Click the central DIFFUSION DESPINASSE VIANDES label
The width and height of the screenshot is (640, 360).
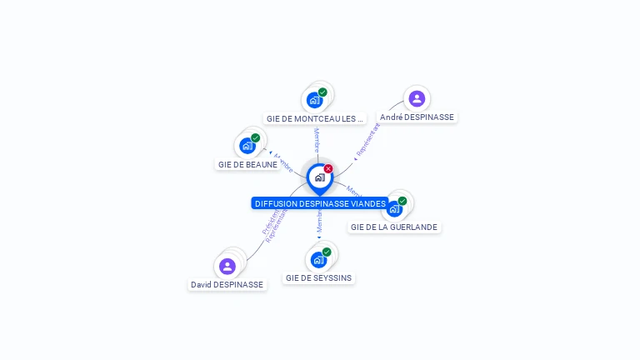(320, 203)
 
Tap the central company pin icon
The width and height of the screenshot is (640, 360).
(319, 177)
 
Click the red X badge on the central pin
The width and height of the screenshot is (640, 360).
(328, 168)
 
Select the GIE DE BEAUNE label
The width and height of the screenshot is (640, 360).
(247, 164)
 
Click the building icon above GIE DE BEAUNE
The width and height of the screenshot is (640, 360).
(247, 146)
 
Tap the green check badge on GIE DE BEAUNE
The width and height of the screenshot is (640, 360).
(255, 138)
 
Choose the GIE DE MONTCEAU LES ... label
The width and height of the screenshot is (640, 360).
(315, 118)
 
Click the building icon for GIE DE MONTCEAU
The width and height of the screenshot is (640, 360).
(314, 100)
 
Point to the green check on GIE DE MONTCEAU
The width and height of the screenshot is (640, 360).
(322, 92)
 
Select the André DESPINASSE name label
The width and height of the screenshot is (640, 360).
(417, 117)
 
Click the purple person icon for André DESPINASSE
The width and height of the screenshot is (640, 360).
(417, 98)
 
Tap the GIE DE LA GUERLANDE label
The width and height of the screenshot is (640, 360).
(393, 227)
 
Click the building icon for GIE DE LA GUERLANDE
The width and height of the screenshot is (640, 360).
(394, 208)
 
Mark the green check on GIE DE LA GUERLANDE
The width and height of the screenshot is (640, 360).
(402, 201)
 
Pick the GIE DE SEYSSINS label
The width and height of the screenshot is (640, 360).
(318, 277)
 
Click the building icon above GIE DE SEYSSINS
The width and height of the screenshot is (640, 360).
(318, 259)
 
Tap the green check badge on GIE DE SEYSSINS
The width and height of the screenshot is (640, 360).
(327, 252)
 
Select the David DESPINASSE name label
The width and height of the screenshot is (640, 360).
(227, 284)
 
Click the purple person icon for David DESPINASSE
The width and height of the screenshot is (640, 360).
(227, 266)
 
